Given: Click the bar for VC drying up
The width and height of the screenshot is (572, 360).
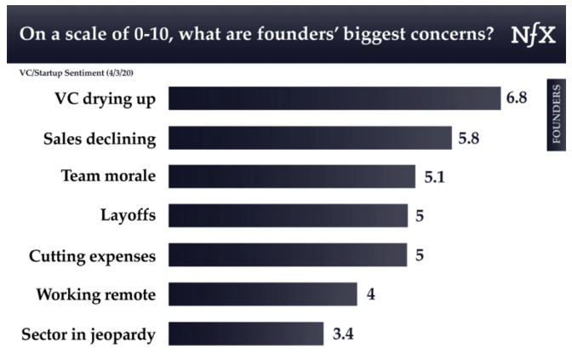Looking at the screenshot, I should tap(335, 98).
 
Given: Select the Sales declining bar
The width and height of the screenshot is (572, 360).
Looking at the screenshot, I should tap(310, 137).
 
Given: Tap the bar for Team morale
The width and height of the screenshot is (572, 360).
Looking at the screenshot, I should tap(292, 176).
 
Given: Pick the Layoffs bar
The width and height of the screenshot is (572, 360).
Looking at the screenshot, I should tap(288, 215).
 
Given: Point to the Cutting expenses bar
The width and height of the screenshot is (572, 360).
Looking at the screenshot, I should tap(288, 254).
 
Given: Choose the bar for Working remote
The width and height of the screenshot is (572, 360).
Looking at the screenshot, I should tap(263, 294).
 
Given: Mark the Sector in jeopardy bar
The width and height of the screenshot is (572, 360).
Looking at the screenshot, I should tap(246, 334).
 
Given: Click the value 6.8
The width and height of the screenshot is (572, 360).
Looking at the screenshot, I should tap(517, 98).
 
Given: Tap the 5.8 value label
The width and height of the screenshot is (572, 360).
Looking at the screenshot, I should tap(469, 137).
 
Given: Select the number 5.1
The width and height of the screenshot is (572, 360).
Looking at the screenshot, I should tap(434, 177).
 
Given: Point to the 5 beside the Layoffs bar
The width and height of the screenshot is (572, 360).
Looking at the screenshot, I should tap(420, 216).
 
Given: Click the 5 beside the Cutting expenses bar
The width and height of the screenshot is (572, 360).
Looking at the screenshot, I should tap(420, 255).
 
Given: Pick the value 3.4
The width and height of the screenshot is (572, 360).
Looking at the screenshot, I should tap(342, 334).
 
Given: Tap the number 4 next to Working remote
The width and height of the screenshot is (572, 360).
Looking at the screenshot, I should tap(370, 294).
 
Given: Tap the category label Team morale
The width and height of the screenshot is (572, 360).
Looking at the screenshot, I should tap(108, 176).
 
